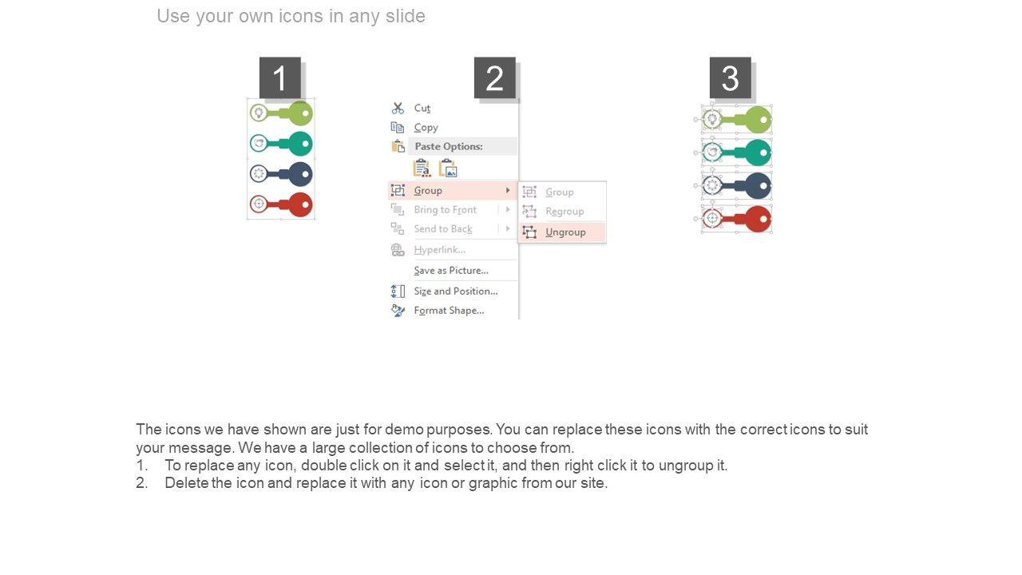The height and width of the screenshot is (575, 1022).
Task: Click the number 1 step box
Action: coord(280,77)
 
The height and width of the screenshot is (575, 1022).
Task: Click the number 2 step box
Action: coord(495,77)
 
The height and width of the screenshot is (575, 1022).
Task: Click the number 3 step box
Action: coord(731,77)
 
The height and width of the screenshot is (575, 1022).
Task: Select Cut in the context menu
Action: coord(422,108)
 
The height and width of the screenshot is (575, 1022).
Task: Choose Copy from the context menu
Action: coord(426,127)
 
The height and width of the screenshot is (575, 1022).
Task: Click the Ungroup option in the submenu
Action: coord(565,232)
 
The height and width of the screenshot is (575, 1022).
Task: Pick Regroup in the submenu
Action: coord(564,212)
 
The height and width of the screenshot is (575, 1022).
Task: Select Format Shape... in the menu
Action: coord(449,311)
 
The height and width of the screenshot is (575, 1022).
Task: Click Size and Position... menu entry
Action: coord(455,291)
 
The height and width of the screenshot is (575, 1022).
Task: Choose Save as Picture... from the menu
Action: coord(451,270)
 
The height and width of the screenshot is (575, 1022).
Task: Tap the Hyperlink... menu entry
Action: coord(439,250)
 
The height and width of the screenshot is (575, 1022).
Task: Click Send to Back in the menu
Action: coord(443,228)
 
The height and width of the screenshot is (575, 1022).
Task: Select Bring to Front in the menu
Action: coord(445,209)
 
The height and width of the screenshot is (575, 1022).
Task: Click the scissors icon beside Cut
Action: coord(398,108)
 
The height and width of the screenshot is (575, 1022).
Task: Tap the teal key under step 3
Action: coord(737,153)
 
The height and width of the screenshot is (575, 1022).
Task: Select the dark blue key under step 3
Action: coord(737,186)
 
